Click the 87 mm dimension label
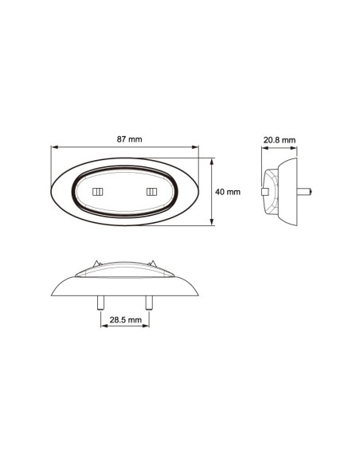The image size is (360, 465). pyautogui.click(x=129, y=140)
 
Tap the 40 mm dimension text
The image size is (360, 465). pyautogui.click(x=228, y=192)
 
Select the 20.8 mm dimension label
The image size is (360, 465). pyautogui.click(x=279, y=140)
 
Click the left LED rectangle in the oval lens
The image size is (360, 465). pyautogui.click(x=100, y=192)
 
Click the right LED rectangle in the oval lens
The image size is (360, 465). pyautogui.click(x=151, y=192)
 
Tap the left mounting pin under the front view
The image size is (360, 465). pyautogui.click(x=100, y=303)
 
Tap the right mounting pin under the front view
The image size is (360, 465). pyautogui.click(x=150, y=303)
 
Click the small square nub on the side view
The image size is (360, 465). pyautogui.click(x=264, y=191)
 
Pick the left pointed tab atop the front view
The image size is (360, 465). pyautogui.click(x=96, y=264)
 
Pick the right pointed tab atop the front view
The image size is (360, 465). pyautogui.click(x=152, y=264)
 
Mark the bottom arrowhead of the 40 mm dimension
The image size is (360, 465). pyautogui.click(x=212, y=225)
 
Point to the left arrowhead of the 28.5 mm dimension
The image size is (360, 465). pyautogui.click(x=103, y=326)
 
